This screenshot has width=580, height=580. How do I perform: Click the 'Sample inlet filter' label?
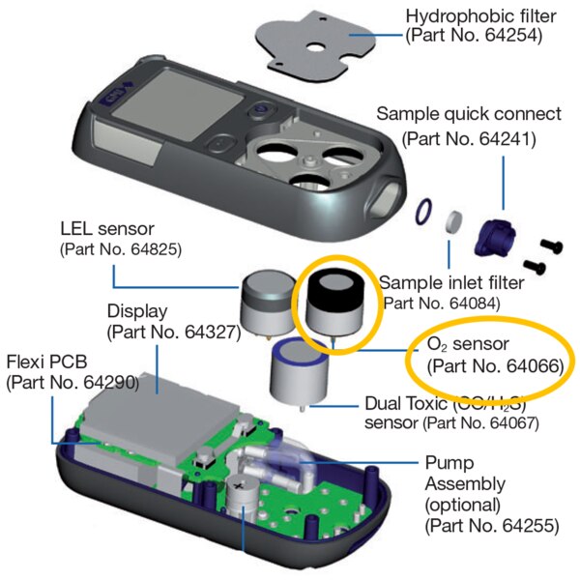tap(450, 283)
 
